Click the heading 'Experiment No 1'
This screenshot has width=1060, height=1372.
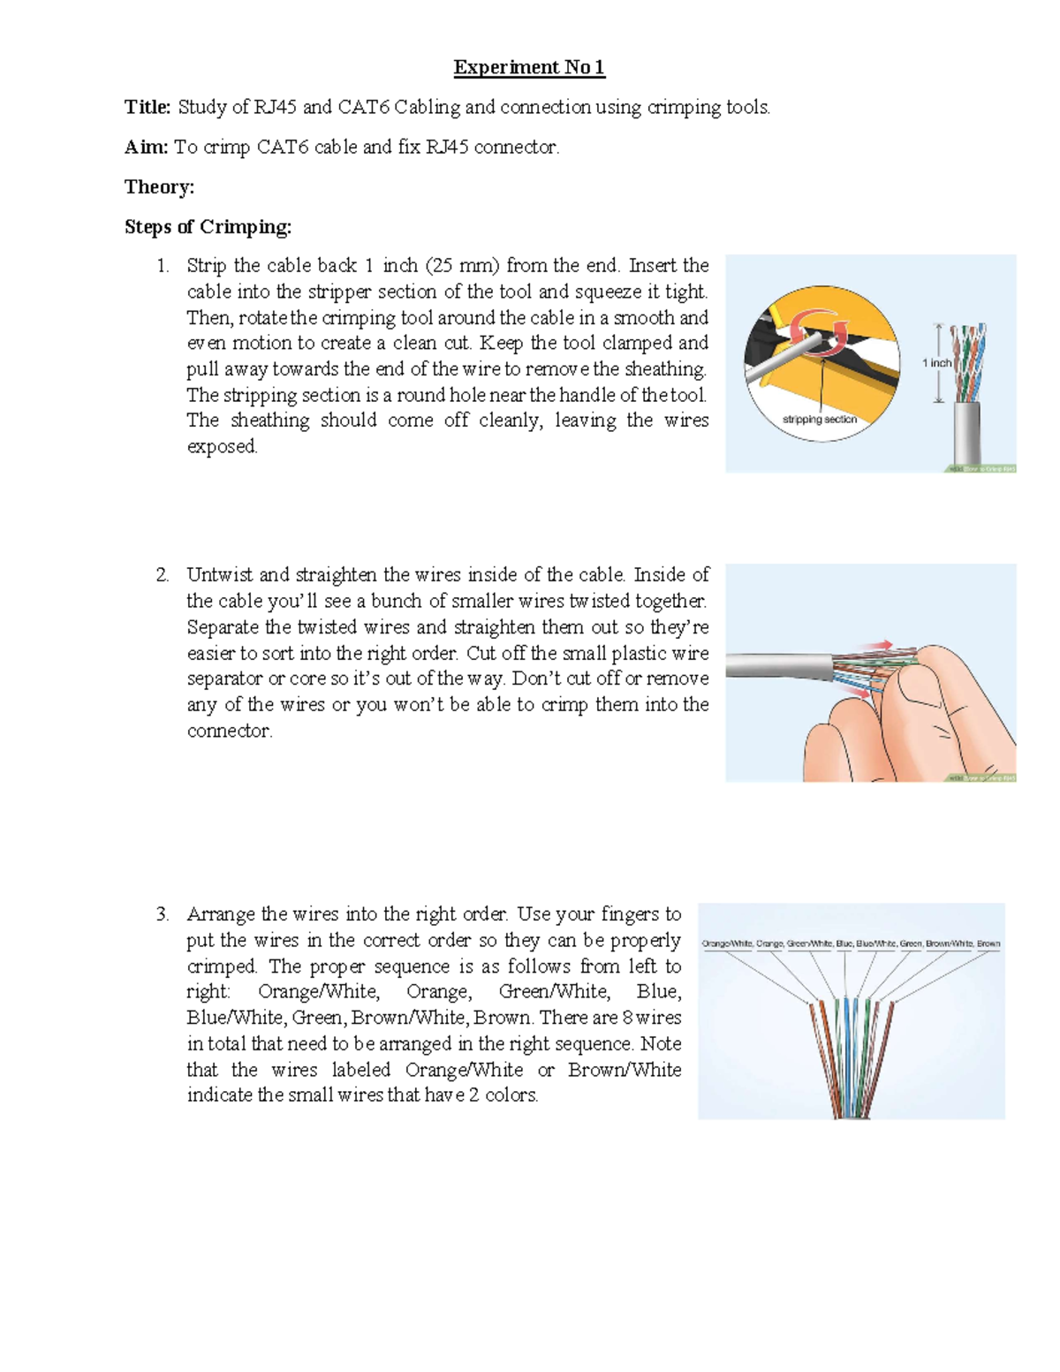pyautogui.click(x=529, y=67)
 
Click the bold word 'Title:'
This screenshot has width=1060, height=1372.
pyautogui.click(x=148, y=107)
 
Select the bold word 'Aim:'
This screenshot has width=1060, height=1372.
pyautogui.click(x=146, y=147)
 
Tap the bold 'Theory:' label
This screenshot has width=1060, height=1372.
pyautogui.click(x=159, y=186)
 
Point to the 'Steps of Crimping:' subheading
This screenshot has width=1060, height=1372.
pyautogui.click(x=208, y=227)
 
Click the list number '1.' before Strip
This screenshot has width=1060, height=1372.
pyautogui.click(x=162, y=266)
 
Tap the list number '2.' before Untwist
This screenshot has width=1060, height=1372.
pyautogui.click(x=162, y=575)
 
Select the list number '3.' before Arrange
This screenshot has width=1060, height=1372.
pyautogui.click(x=162, y=914)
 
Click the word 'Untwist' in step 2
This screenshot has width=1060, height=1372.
pyautogui.click(x=218, y=575)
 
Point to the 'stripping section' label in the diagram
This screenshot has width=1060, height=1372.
pyautogui.click(x=819, y=420)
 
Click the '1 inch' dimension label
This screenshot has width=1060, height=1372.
pyautogui.click(x=936, y=363)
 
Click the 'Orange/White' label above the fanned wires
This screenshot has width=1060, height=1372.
pyautogui.click(x=726, y=944)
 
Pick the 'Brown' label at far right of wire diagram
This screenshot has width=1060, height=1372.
pyautogui.click(x=988, y=944)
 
